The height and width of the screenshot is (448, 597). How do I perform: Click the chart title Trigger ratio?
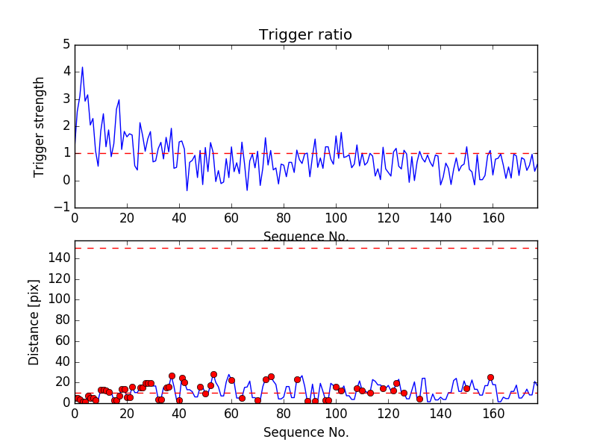tap(305, 35)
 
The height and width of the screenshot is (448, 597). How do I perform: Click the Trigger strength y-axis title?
tap(40, 126)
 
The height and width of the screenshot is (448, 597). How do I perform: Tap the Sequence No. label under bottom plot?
tap(306, 432)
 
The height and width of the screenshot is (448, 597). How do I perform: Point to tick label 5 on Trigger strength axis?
tap(66, 45)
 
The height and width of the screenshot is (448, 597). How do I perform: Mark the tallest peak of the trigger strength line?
tap(82, 67)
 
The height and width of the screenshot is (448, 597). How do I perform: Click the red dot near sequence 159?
tap(490, 378)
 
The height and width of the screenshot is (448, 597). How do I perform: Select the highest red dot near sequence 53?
tap(213, 374)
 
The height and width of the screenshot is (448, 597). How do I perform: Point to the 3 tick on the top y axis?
tap(66, 99)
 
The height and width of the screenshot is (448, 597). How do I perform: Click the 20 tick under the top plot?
tap(127, 219)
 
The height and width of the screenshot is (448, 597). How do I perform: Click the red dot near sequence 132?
tap(419, 399)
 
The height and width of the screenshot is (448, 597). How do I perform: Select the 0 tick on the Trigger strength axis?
tap(66, 181)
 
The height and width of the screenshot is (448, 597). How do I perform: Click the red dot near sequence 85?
tap(297, 379)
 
